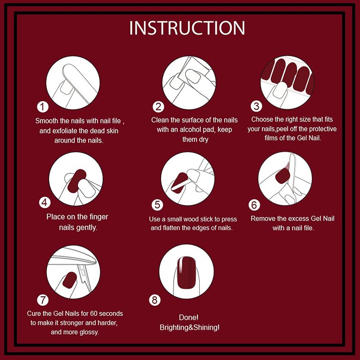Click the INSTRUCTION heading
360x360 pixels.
pyautogui.click(x=187, y=28)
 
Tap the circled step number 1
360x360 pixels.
pyautogui.click(x=43, y=107)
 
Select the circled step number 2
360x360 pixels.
pyautogui.click(x=158, y=107)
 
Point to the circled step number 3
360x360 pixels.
pyautogui.click(x=256, y=106)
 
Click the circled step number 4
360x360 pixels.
pyautogui.click(x=45, y=202)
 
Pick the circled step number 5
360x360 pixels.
pyautogui.click(x=157, y=205)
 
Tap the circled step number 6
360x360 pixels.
pyautogui.click(x=254, y=205)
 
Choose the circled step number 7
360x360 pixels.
pyautogui.click(x=43, y=300)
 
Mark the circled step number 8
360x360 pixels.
pyautogui.click(x=155, y=300)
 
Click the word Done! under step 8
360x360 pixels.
pyautogui.click(x=189, y=318)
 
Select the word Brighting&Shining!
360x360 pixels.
pyautogui.click(x=189, y=328)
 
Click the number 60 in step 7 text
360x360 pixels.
pyautogui.click(x=94, y=313)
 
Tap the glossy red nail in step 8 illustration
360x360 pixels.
pyautogui.click(x=186, y=273)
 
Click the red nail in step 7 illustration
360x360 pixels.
pyautogui.click(x=70, y=280)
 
